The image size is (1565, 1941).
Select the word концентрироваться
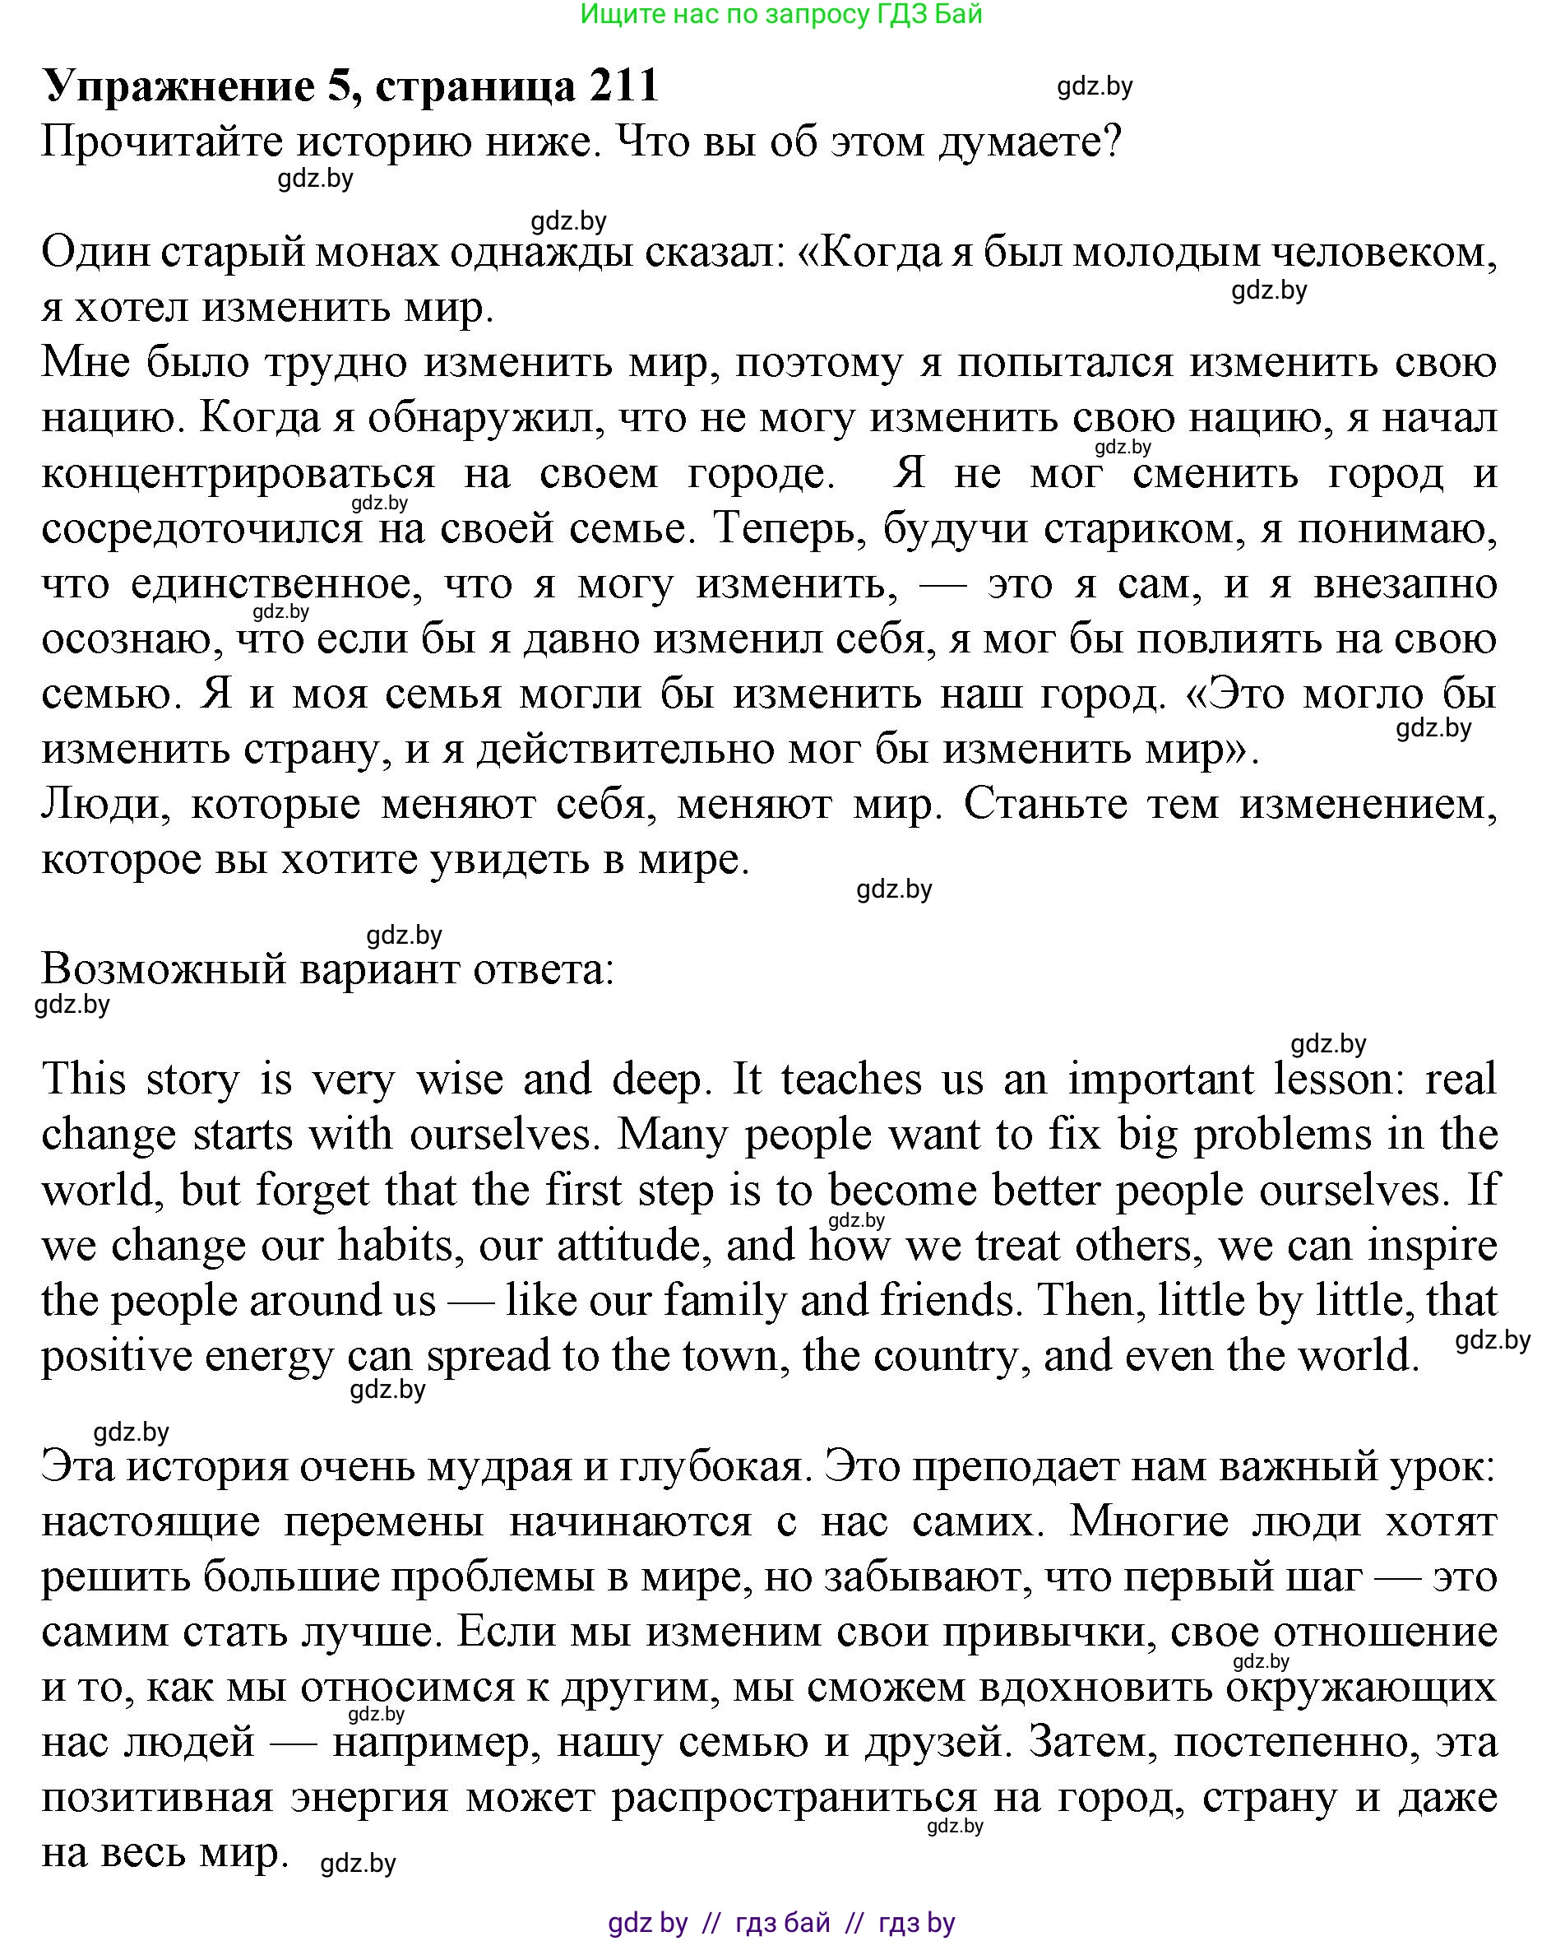pyautogui.click(x=238, y=473)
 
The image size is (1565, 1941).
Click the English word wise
pyautogui.click(x=459, y=1080)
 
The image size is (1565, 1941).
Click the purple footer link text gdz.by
pyautogui.click(x=647, y=1922)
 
